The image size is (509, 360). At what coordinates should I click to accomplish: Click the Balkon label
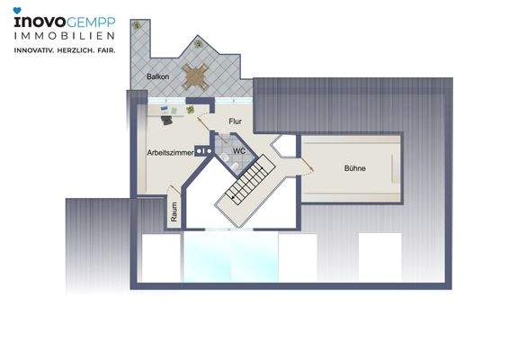[x=159, y=77]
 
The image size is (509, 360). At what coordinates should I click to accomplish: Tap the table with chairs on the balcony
[x=196, y=74]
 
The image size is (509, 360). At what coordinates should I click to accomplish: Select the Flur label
[x=236, y=121]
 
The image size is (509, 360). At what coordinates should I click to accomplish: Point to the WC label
[x=238, y=151]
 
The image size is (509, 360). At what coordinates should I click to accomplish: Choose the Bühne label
[x=354, y=168]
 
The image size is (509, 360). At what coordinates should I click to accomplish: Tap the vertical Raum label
[x=174, y=211]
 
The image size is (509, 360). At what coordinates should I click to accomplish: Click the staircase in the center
[x=248, y=180]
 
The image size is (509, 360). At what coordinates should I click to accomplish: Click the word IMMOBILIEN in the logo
[x=63, y=36]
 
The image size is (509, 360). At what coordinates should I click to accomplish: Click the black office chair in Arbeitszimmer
[x=166, y=119]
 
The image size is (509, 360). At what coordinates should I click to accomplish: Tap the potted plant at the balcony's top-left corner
[x=136, y=26]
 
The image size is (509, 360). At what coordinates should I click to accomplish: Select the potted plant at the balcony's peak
[x=197, y=41]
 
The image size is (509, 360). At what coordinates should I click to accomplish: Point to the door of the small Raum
[x=177, y=193]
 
